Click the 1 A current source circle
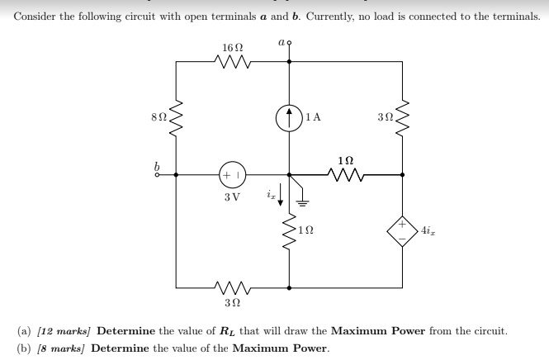point(289,117)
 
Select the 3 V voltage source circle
point(232,175)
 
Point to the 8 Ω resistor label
point(158,116)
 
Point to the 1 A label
point(313,117)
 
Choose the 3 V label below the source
point(232,197)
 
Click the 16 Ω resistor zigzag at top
point(232,59)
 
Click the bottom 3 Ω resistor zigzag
point(232,288)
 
